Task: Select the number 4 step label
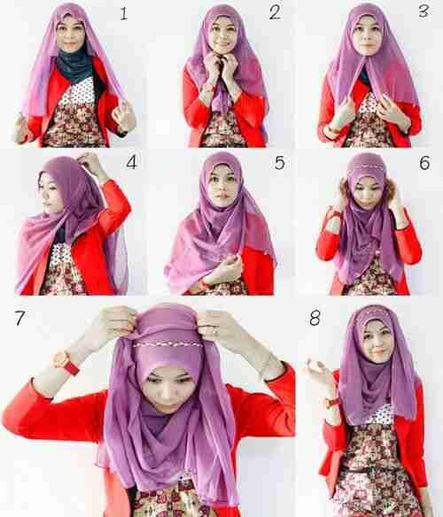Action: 131,163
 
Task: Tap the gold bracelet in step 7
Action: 265,366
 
